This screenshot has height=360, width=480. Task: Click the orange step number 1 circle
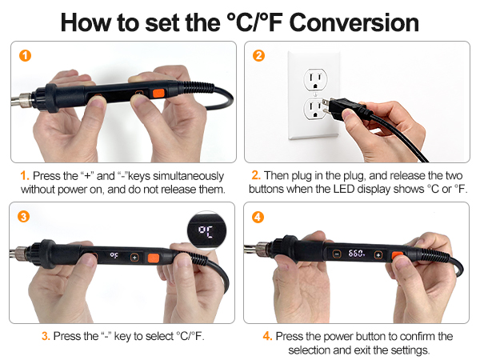click(x=25, y=56)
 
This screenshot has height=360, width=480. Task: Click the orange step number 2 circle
click(x=258, y=56)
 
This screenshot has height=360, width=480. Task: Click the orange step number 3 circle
click(x=23, y=217)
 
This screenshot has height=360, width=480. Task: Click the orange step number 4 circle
click(x=258, y=217)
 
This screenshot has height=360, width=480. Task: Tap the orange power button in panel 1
click(x=158, y=94)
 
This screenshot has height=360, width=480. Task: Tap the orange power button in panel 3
click(x=154, y=258)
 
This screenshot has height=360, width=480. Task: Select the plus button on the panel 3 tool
click(x=134, y=258)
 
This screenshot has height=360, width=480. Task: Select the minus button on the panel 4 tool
click(x=337, y=254)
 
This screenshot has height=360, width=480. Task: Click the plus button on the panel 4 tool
click(x=378, y=254)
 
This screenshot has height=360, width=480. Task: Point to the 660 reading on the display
click(x=356, y=254)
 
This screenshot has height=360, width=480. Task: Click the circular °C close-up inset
click(x=206, y=230)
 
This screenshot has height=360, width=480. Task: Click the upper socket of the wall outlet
click(x=315, y=79)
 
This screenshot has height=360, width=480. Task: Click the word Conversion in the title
click(x=354, y=22)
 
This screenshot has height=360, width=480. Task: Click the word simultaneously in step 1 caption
click(x=188, y=176)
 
